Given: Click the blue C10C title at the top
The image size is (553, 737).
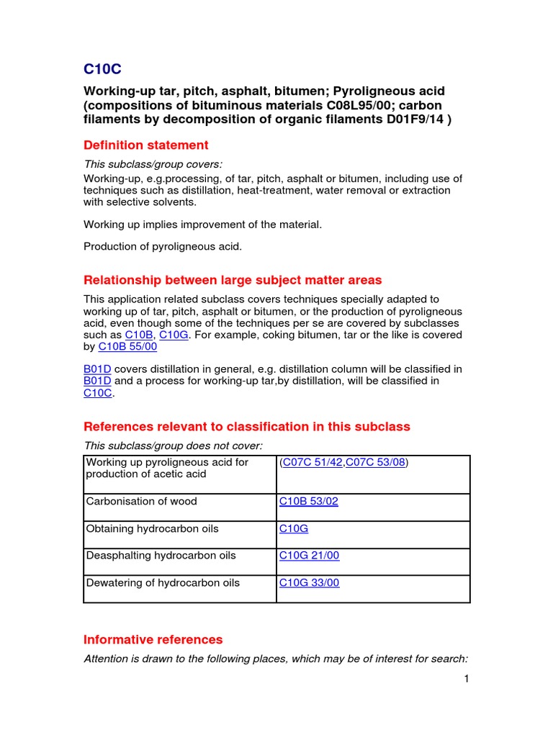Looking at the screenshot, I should pyautogui.click(x=102, y=69).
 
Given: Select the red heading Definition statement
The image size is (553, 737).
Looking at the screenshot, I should pyautogui.click(x=146, y=145).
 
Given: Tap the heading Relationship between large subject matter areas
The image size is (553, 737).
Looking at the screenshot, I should pyautogui.click(x=233, y=280).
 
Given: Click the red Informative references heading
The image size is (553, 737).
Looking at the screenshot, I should pyautogui.click(x=153, y=639).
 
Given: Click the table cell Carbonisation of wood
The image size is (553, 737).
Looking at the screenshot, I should pyautogui.click(x=141, y=502).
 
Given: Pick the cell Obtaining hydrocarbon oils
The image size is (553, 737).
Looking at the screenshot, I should pyautogui.click(x=152, y=529).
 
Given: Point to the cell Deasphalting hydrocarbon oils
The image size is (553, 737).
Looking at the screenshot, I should pyautogui.click(x=161, y=556).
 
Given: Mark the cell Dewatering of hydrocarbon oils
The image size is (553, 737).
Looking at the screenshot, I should pyautogui.click(x=163, y=583).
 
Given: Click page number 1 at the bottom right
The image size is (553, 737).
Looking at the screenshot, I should pyautogui.click(x=467, y=679).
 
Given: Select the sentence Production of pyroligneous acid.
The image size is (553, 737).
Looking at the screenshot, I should pyautogui.click(x=163, y=247).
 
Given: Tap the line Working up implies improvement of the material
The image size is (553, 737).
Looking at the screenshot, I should pyautogui.click(x=202, y=225).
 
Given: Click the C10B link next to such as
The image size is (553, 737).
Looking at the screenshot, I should pyautogui.click(x=139, y=335).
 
